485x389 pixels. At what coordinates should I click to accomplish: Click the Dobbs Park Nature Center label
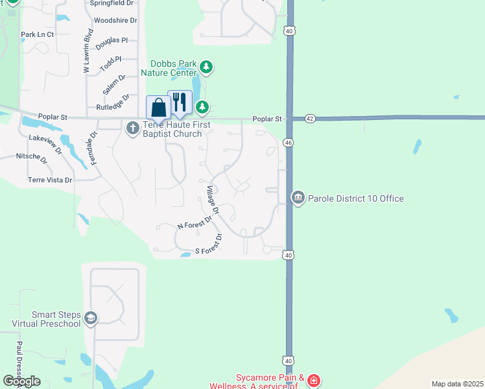tap(173, 68)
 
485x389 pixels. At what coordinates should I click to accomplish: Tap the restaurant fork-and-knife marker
tap(180, 102)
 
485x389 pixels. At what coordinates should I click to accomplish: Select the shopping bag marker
tap(158, 108)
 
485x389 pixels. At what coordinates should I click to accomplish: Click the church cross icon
tap(132, 127)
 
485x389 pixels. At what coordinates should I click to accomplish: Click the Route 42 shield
tap(309, 119)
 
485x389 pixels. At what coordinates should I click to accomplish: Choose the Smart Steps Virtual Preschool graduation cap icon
tap(91, 318)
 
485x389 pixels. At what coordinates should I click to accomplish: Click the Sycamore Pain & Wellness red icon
tap(314, 381)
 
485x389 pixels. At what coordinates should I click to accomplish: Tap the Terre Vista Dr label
tap(50, 180)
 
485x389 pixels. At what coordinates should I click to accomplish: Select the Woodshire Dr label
tap(115, 21)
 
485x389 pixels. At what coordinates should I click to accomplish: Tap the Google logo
tap(21, 381)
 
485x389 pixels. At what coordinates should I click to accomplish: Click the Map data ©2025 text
tap(457, 384)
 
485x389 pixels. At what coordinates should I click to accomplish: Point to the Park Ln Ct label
tap(37, 34)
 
